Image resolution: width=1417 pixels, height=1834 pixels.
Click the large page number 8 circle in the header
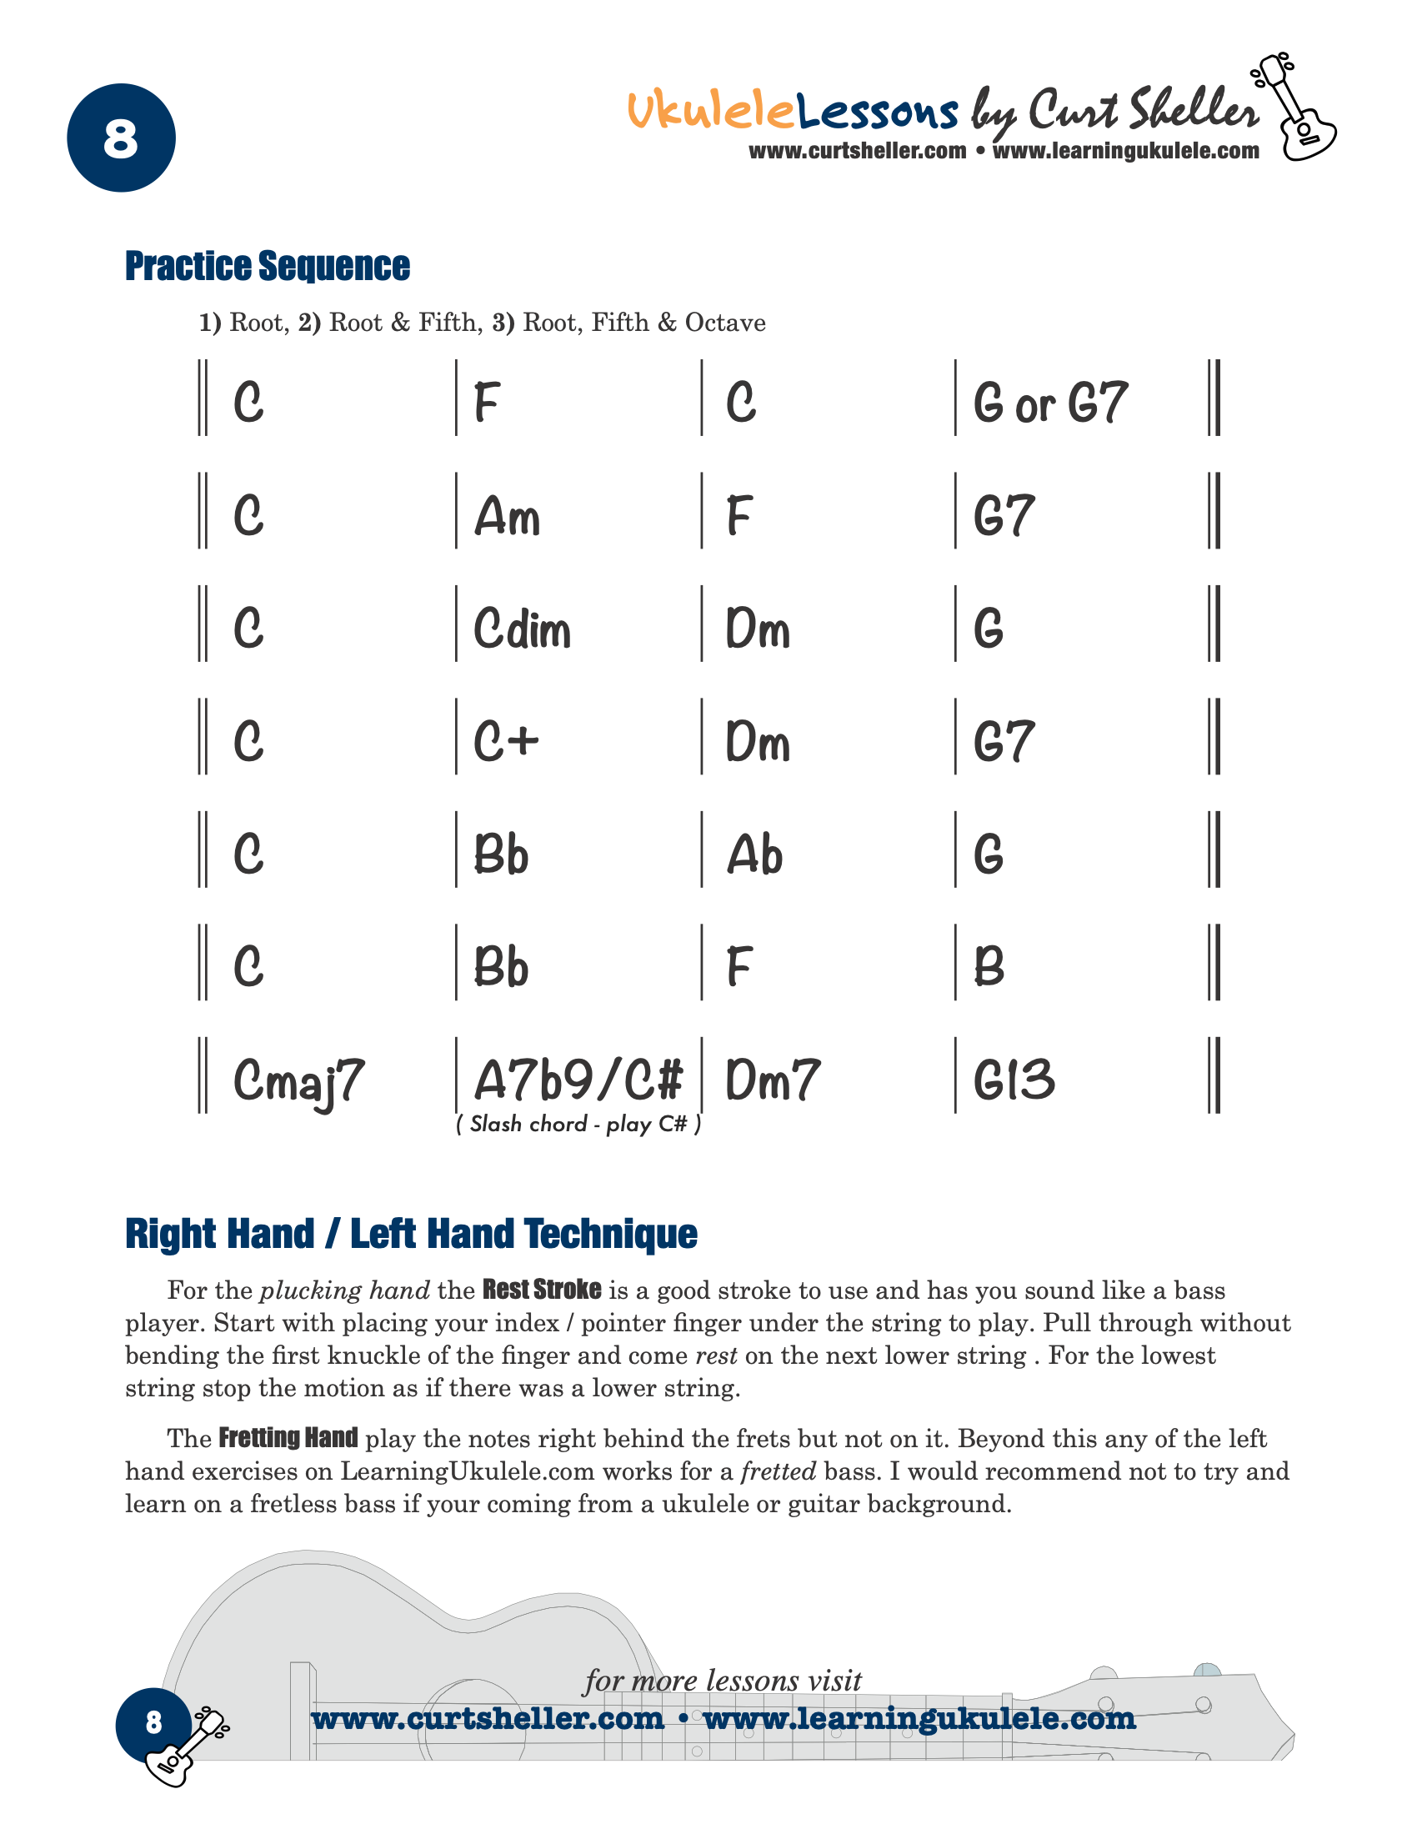pyautogui.click(x=121, y=138)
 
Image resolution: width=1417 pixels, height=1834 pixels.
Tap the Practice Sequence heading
pyautogui.click(x=267, y=266)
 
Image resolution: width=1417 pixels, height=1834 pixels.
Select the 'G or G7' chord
pyautogui.click(x=1050, y=403)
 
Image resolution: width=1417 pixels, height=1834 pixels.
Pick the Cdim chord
pyautogui.click(x=522, y=629)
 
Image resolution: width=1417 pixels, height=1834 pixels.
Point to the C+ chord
pyautogui.click(x=505, y=741)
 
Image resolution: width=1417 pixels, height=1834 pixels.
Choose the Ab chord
pyautogui.click(x=754, y=854)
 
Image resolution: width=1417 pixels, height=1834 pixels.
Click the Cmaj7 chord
pyautogui.click(x=299, y=1081)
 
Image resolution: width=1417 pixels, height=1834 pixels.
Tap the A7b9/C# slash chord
pyautogui.click(x=578, y=1080)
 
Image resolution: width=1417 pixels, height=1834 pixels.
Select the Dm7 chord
pyautogui.click(x=773, y=1080)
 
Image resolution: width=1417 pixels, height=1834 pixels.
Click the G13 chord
pyautogui.click(x=1014, y=1080)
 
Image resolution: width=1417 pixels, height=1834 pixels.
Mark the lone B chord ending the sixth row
pyautogui.click(x=989, y=966)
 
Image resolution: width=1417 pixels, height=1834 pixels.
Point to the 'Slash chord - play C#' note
pyautogui.click(x=578, y=1124)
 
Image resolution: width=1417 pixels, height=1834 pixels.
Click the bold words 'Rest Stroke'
pyautogui.click(x=542, y=1289)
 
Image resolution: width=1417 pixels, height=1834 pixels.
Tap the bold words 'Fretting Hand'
pyautogui.click(x=288, y=1438)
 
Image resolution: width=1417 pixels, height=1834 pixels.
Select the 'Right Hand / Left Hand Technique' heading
pyautogui.click(x=411, y=1234)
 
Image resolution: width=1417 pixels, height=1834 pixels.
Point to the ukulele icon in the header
pyautogui.click(x=1293, y=108)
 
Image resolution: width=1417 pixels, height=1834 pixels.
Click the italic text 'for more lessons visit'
pyautogui.click(x=723, y=1681)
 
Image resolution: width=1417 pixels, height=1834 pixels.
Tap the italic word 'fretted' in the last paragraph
pyautogui.click(x=779, y=1471)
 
